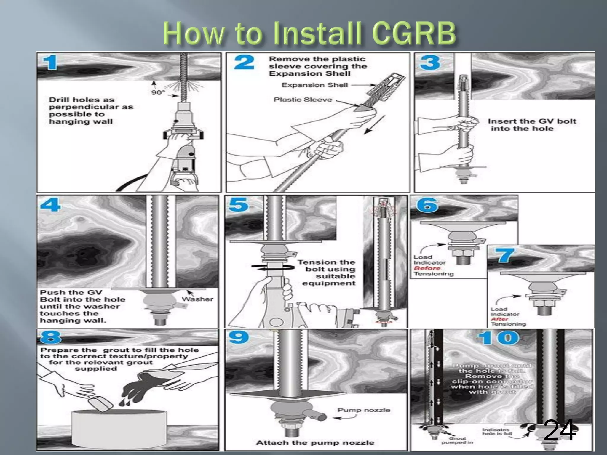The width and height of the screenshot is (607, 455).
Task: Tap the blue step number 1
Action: coord(50,63)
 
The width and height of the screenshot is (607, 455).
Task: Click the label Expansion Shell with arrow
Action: coord(315,85)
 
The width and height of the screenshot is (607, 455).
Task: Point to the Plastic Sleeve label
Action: coord(303,100)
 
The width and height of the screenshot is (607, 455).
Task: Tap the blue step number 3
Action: coord(429,63)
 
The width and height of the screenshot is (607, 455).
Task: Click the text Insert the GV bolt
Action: coord(532,121)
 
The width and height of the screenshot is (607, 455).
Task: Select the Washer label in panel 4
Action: coord(197,299)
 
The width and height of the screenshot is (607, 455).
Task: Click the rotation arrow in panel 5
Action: coord(273,267)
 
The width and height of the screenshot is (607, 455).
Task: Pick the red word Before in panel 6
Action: coord(427,268)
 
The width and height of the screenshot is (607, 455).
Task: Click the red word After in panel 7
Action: coord(499,319)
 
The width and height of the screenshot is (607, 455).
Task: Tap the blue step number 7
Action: coord(506,255)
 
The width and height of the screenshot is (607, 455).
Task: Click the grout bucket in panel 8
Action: coord(119,430)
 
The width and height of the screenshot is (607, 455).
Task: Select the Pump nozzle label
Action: coord(364,410)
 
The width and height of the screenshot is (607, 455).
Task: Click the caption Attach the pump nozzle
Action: coord(315,443)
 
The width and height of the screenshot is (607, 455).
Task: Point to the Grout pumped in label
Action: coord(457,440)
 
